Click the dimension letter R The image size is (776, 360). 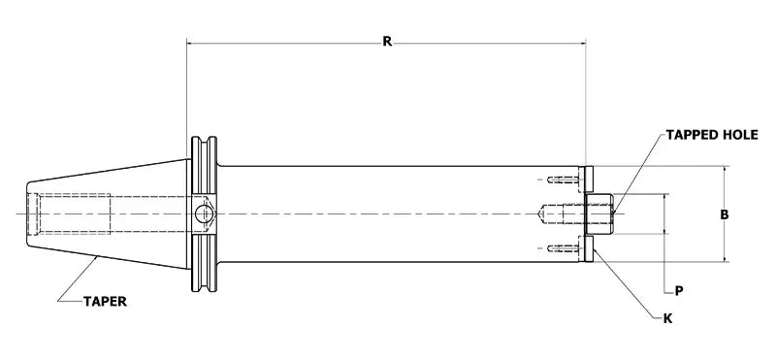click(387, 41)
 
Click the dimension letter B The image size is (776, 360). click(725, 214)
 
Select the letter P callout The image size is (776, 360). click(679, 289)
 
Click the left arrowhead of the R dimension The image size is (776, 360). click(191, 43)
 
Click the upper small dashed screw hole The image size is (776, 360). click(561, 180)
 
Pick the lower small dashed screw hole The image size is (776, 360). click(561, 248)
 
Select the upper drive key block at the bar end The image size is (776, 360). click(587, 180)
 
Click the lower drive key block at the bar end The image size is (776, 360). click(587, 248)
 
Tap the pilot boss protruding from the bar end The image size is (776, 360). click(600, 213)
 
